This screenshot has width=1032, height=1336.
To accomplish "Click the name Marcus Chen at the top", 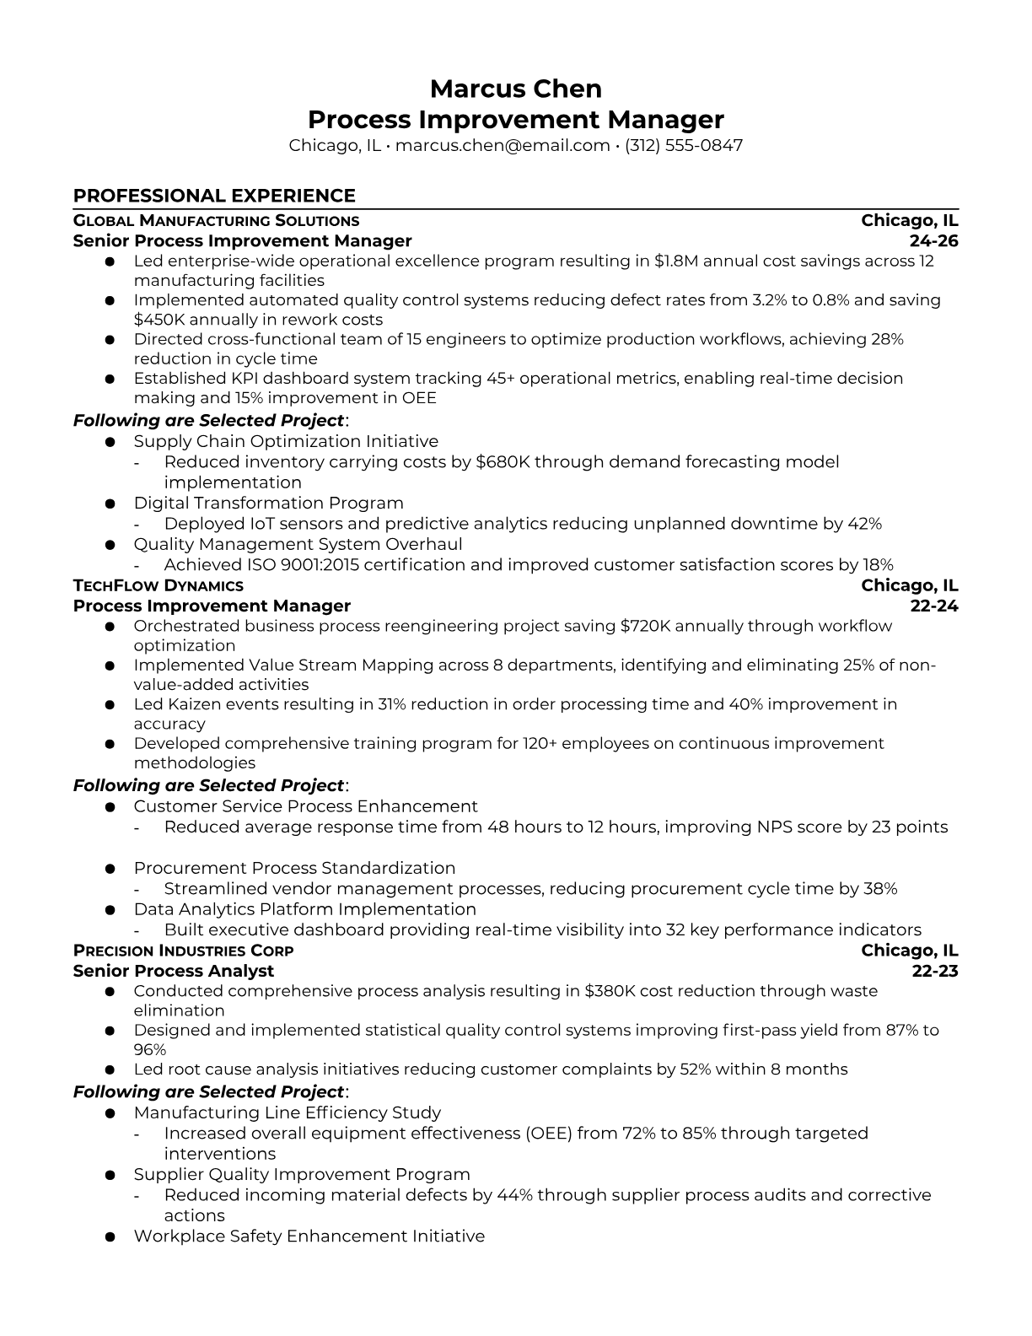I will pos(515,89).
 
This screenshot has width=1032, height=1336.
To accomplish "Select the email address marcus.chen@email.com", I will pos(503,145).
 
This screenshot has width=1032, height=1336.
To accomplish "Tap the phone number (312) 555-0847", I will pos(684,145).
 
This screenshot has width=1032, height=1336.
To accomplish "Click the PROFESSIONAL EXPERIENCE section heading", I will pos(214,196).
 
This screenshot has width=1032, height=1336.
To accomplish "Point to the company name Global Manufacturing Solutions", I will pos(216,221).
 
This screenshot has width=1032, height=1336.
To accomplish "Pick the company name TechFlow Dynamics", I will pos(159,586).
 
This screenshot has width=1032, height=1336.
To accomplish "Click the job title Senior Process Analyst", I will pos(174,972).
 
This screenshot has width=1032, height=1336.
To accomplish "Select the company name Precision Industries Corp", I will pos(184,951).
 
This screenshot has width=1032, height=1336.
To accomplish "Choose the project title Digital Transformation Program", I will pos(268,504).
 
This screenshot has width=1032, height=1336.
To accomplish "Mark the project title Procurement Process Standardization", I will pos(294,869).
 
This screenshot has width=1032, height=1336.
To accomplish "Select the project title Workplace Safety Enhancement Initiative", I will pos(309,1236).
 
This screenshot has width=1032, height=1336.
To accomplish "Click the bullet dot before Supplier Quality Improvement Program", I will pos(110,1175).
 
